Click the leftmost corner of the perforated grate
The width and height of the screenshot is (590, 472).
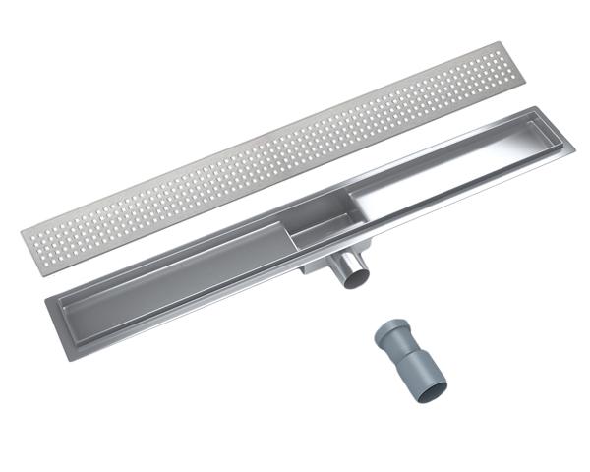tap(21, 234)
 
